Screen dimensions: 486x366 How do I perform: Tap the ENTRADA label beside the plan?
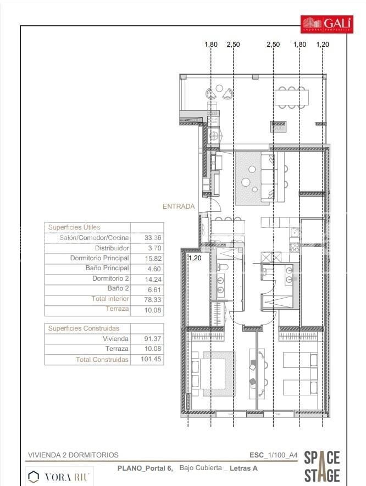pos(179,206)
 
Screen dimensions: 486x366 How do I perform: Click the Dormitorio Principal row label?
pos(99,258)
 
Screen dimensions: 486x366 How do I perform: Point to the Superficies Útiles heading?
pos(74,227)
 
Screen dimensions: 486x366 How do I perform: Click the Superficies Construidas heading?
pos(84,328)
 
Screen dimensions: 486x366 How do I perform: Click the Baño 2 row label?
pos(118,288)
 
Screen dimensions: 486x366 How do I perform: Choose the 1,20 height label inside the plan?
pos(195,257)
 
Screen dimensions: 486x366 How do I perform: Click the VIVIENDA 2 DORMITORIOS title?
pos(73,455)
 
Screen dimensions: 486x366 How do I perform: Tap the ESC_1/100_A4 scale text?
pos(274,455)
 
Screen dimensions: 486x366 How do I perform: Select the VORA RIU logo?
pos(61,476)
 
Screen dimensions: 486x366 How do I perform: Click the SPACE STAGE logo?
pos(322,467)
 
